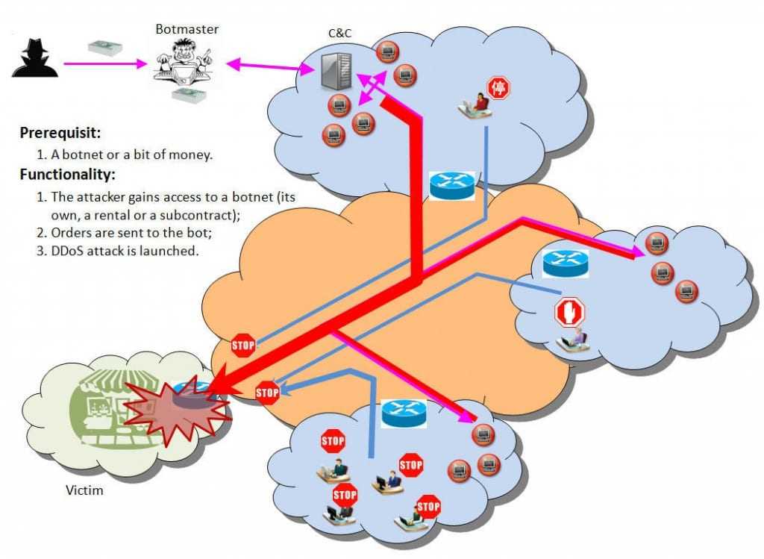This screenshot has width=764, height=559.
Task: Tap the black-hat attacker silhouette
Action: coord(34,58)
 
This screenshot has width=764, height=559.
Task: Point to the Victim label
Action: coord(84,490)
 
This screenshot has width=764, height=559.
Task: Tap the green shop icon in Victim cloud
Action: coord(97,407)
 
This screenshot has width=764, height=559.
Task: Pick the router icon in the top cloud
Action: coord(451,184)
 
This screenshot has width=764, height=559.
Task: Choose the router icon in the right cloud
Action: coord(565,263)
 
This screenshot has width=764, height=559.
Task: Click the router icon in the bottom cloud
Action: coord(404,413)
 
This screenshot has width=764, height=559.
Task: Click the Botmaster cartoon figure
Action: coord(183,66)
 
